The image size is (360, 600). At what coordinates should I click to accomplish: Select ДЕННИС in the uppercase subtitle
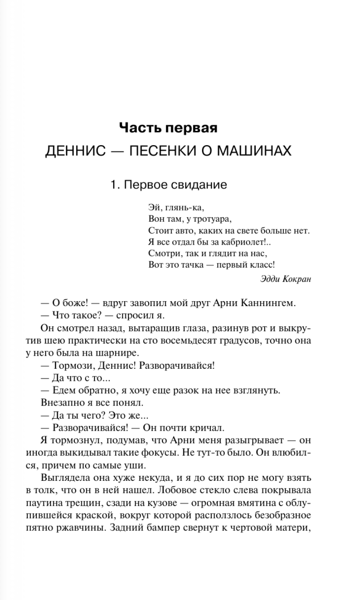(x=72, y=151)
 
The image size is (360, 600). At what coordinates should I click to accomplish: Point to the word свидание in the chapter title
(x=201, y=185)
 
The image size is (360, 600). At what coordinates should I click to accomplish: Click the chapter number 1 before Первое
(x=114, y=185)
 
